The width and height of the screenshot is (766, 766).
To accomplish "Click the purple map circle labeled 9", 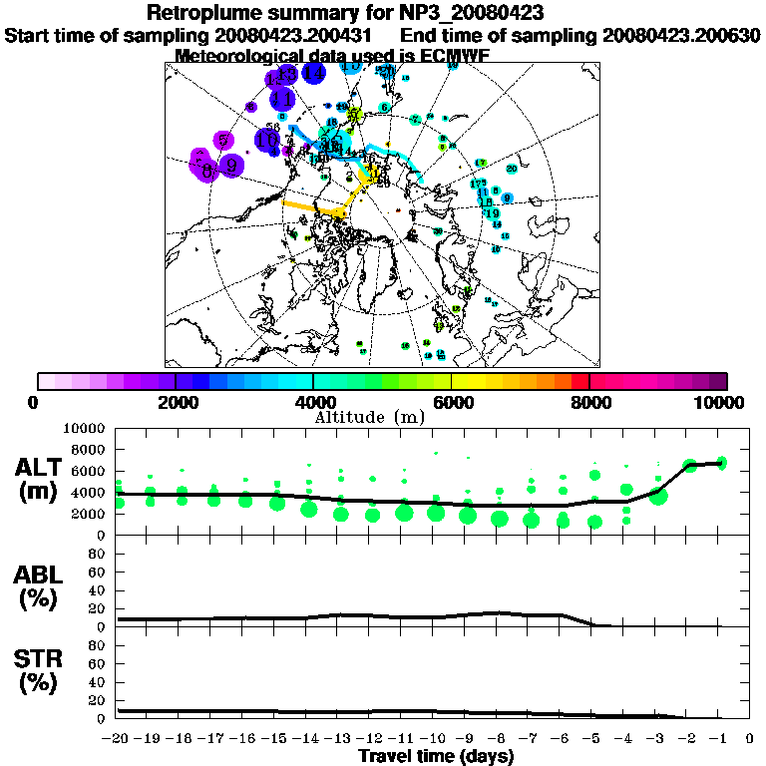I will pyautogui.click(x=231, y=166).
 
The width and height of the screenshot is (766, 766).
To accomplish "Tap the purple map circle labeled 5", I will pyautogui.click(x=224, y=142).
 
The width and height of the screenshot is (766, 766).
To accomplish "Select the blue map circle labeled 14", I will pyautogui.click(x=313, y=73).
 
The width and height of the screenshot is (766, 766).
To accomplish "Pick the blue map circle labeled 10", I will pyautogui.click(x=267, y=141).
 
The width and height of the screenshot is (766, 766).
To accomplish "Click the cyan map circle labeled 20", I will pyautogui.click(x=512, y=169).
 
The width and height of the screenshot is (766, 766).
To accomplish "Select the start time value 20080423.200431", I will pyautogui.click(x=298, y=35).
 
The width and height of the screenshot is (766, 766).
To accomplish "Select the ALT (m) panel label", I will pyautogui.click(x=41, y=478).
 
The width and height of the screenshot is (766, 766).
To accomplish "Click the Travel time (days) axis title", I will pyautogui.click(x=437, y=757).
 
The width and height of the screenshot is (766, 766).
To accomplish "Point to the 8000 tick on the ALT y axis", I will pyautogui.click(x=93, y=449).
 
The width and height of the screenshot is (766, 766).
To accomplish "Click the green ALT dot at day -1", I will pyautogui.click(x=722, y=462).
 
